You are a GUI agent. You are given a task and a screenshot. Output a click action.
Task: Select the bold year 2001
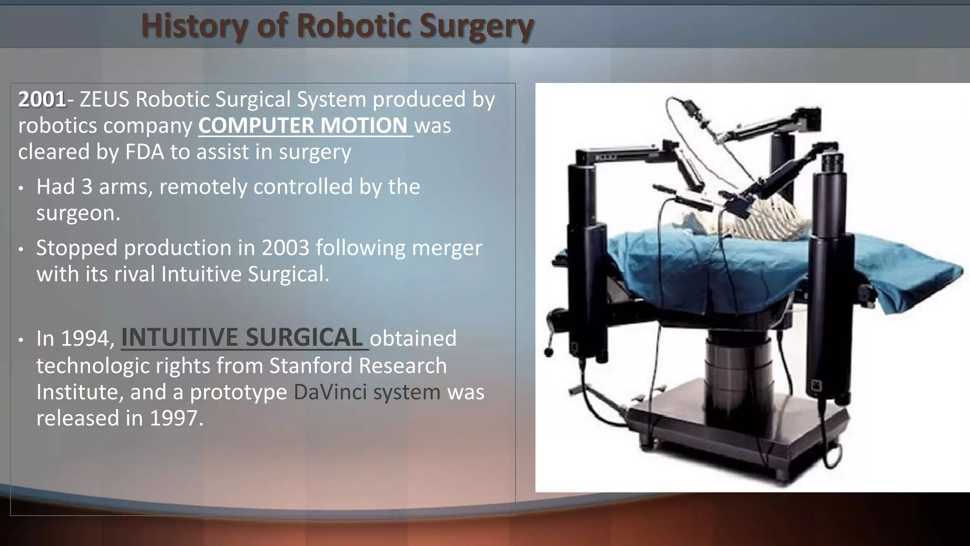tap(42, 100)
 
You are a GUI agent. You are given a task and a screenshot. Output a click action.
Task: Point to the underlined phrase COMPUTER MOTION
tap(303, 126)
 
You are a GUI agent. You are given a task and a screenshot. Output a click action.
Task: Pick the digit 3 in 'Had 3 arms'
tap(87, 187)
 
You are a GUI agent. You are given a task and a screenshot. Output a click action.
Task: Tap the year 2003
tap(286, 248)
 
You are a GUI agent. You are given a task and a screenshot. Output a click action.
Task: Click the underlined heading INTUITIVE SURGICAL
tap(242, 338)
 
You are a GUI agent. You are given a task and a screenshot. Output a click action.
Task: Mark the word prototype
tap(238, 392)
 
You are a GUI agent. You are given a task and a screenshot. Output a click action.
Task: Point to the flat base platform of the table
tap(739, 427)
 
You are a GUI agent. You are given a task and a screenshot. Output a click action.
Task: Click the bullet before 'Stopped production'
tap(21, 249)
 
